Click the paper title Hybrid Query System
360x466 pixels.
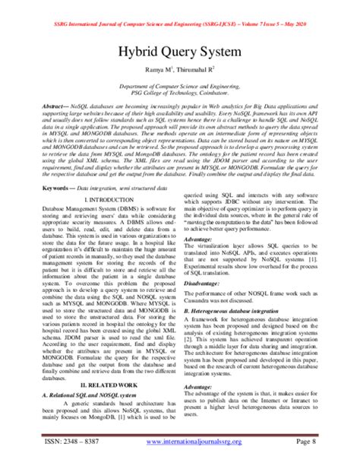tap(179, 54)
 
